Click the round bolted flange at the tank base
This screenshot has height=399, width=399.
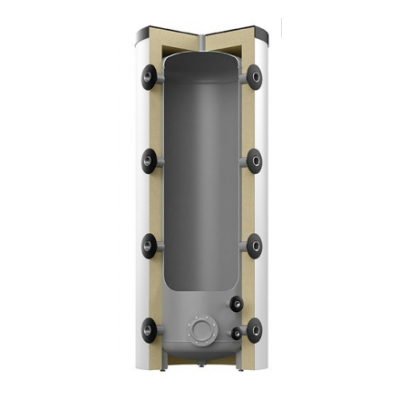(x=200, y=327)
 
